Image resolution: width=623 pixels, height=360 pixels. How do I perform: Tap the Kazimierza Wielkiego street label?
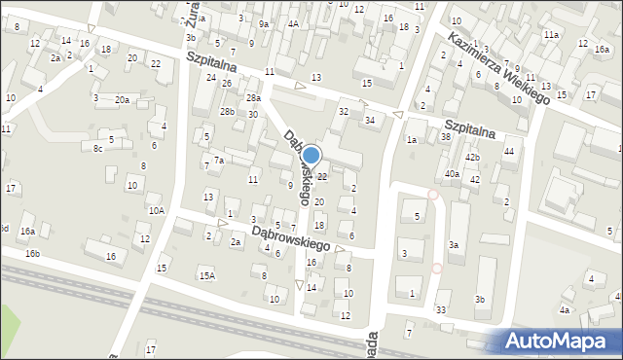click(x=499, y=68)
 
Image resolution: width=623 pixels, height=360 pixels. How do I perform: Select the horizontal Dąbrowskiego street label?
click(x=292, y=234)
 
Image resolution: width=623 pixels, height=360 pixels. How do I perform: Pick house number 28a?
click(x=253, y=98)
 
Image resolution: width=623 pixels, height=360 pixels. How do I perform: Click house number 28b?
click(x=227, y=112)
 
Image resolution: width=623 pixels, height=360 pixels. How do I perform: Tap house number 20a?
click(x=122, y=100)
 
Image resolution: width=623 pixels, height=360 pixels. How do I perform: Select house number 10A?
click(x=156, y=210)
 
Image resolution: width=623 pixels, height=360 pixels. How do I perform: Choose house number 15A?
click(x=206, y=276)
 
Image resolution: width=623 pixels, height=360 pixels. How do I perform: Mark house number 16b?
click(x=33, y=254)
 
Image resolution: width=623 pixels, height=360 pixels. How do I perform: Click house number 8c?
click(x=97, y=148)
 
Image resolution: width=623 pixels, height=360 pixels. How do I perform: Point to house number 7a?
click(x=220, y=160)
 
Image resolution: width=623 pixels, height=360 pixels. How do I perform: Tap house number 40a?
click(x=452, y=174)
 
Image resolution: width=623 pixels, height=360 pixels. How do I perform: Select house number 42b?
click(x=472, y=158)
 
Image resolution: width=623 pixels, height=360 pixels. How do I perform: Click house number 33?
click(x=441, y=309)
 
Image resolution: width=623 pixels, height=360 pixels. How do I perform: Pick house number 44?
click(x=508, y=152)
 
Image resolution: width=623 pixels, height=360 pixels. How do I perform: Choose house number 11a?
click(x=551, y=35)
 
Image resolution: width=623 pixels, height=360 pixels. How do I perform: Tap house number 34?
click(x=370, y=120)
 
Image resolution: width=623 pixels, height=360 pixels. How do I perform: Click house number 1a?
click(x=412, y=141)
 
